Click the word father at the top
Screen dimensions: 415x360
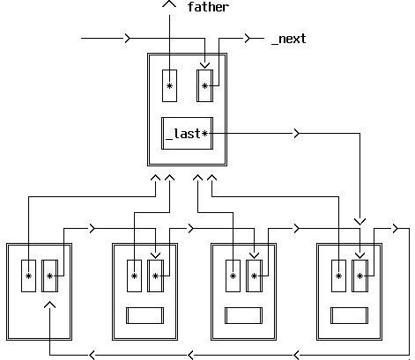point(208,7)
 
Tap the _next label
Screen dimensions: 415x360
point(289,39)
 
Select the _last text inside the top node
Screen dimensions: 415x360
point(183,134)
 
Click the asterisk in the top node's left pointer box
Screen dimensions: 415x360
point(169,86)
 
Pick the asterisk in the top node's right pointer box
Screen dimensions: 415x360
point(204,86)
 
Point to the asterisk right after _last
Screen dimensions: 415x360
point(204,134)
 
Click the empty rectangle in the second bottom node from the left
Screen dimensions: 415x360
point(145,315)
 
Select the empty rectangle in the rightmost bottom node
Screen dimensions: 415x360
point(349,315)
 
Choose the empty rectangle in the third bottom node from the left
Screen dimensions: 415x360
point(244,315)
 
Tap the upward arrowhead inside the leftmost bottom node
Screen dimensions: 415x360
point(49,305)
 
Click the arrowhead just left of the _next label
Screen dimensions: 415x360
point(248,38)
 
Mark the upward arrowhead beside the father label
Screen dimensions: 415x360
point(169,4)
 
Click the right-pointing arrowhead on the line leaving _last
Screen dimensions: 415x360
point(297,134)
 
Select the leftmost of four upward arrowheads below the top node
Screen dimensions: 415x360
point(155,178)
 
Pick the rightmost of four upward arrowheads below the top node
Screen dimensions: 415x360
point(211,178)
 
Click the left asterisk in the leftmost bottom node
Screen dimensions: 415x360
point(28,276)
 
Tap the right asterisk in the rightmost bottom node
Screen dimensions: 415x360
point(359,276)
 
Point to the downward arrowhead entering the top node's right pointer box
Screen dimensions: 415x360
point(204,65)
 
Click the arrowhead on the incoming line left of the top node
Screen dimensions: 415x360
point(128,38)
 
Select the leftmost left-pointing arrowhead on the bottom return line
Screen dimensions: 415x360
point(92,355)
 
